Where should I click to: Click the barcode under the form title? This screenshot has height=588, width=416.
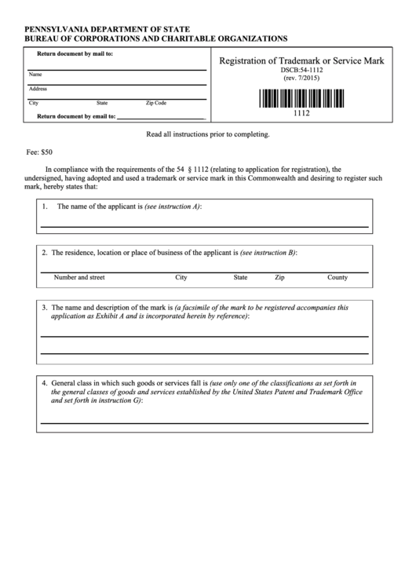click(301, 99)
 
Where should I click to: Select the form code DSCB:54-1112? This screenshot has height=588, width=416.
click(301, 71)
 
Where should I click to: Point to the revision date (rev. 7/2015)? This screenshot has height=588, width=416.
click(301, 79)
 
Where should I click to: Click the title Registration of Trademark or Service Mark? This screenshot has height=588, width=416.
click(301, 61)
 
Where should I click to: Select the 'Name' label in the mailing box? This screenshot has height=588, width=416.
click(35, 75)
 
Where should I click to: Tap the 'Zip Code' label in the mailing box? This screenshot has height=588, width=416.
click(156, 103)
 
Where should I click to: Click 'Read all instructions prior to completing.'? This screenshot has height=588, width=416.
click(208, 134)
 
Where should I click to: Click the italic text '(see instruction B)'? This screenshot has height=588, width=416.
click(268, 253)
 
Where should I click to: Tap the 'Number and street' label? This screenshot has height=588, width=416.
click(78, 277)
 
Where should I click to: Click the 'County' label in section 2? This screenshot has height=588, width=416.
click(338, 277)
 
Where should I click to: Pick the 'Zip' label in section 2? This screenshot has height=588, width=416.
click(279, 277)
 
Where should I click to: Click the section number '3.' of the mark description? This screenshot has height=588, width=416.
click(45, 307)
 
